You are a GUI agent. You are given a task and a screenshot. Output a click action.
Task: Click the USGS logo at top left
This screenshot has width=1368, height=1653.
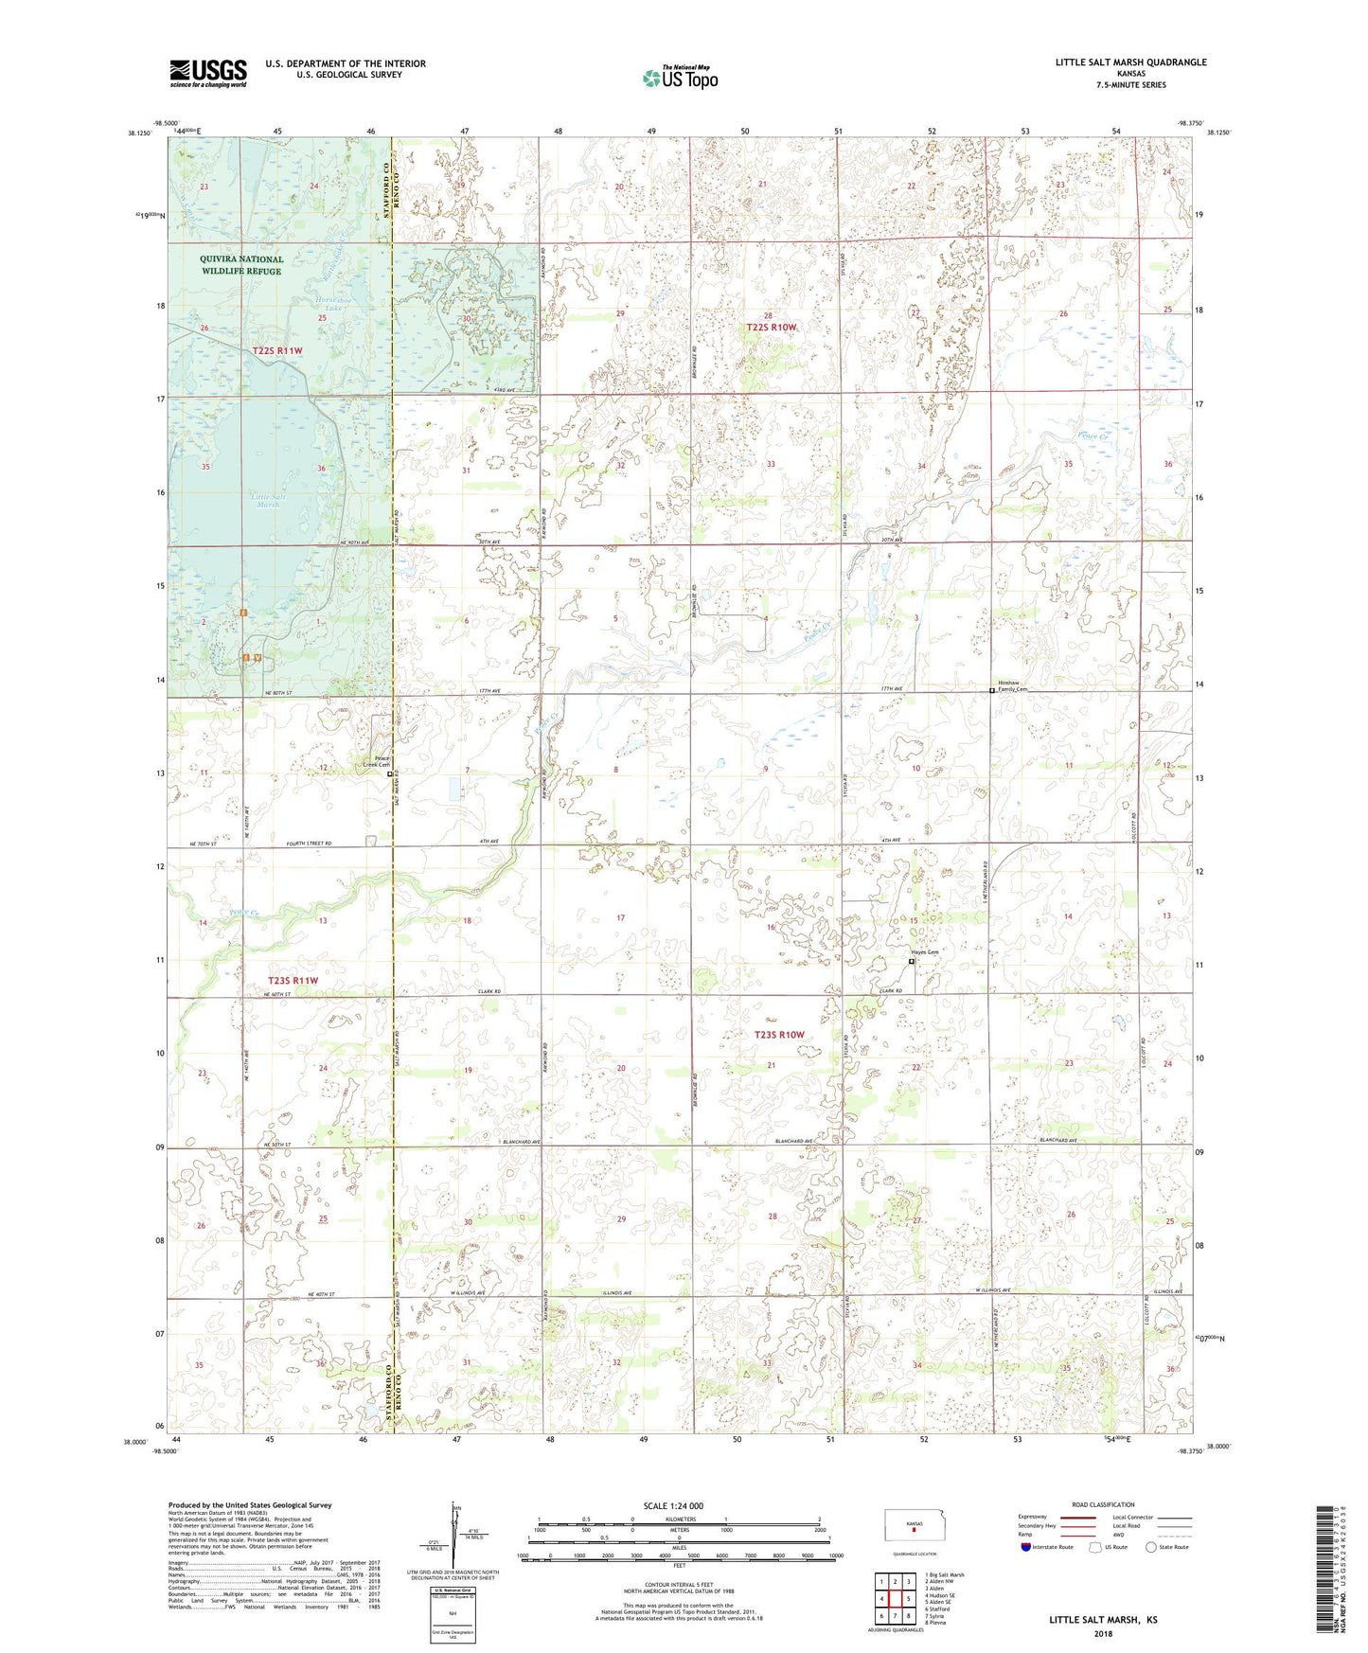pyautogui.click(x=208, y=73)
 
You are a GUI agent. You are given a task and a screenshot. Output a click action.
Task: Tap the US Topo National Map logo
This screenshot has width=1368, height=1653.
pyautogui.click(x=680, y=78)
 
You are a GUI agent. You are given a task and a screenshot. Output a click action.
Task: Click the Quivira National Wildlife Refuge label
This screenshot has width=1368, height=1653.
pyautogui.click(x=241, y=265)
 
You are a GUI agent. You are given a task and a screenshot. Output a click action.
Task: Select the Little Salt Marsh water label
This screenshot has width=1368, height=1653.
pyautogui.click(x=269, y=501)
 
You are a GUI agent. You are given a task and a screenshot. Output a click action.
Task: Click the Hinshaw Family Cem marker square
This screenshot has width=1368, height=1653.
pyautogui.click(x=992, y=690)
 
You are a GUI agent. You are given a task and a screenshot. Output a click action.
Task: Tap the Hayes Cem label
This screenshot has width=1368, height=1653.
pyautogui.click(x=924, y=951)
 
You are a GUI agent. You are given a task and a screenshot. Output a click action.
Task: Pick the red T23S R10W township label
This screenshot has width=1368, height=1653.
pyautogui.click(x=778, y=1035)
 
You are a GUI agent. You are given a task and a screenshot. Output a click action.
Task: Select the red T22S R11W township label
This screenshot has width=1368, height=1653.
pyautogui.click(x=277, y=351)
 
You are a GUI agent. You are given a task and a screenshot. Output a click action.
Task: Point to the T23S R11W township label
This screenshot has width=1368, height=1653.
pyautogui.click(x=293, y=981)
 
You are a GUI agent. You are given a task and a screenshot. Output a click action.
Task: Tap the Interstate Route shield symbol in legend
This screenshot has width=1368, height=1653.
pyautogui.click(x=1026, y=1547)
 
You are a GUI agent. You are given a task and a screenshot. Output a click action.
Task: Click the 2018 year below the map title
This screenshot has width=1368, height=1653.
pyautogui.click(x=1103, y=1633)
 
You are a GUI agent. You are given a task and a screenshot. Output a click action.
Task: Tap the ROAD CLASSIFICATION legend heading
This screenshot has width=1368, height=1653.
pyautogui.click(x=1103, y=1504)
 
